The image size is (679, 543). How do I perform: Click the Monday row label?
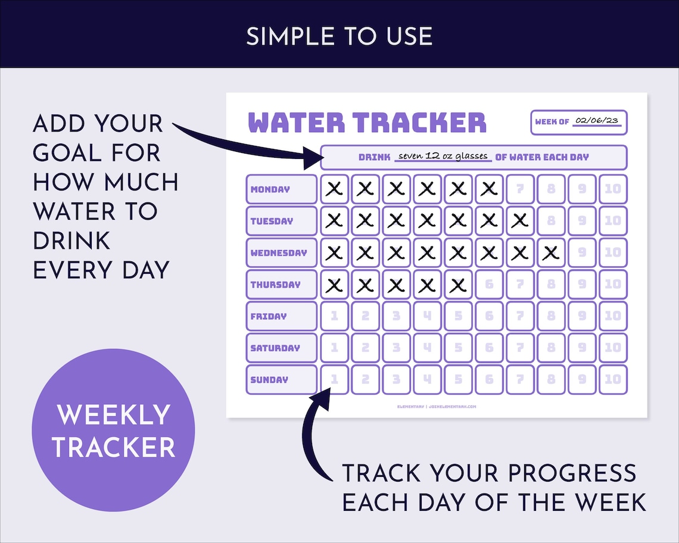coord(281,189)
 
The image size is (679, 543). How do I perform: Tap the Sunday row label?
coord(281,380)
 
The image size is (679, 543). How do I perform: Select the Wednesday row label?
coord(281,252)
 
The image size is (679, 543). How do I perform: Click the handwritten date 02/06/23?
coord(597,121)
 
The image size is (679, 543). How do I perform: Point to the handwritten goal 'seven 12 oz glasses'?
coord(443,156)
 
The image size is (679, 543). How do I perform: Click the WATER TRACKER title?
coord(367,122)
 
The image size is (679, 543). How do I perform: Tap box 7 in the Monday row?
coord(520,189)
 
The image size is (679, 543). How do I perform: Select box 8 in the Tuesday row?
coord(551,221)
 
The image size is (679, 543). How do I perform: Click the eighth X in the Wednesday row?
coord(551,252)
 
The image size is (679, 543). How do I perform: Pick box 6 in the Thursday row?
coord(489,285)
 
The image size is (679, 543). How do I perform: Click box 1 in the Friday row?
coord(335,316)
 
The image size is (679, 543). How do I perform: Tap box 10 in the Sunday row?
coord(613,380)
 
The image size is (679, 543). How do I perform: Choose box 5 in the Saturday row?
coord(458,348)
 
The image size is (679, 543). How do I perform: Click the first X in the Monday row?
coord(335,189)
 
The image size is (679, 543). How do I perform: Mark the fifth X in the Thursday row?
coord(458,285)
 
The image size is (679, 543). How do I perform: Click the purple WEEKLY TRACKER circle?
coord(113,430)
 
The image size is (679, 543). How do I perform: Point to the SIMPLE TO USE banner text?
coord(339,37)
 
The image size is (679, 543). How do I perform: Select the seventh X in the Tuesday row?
coord(520,221)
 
